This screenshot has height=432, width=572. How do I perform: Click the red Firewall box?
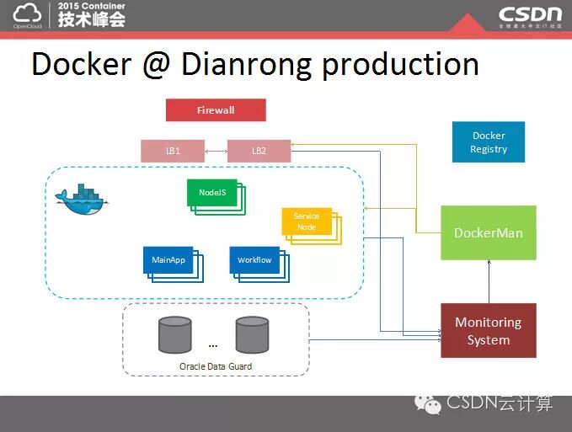click(216, 110)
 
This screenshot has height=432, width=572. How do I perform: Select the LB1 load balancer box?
click(172, 152)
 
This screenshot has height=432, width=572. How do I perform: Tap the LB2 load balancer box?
click(259, 152)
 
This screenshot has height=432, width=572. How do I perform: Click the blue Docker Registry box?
click(489, 142)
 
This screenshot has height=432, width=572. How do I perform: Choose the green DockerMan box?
click(488, 232)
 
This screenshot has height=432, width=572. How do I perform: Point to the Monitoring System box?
click(488, 331)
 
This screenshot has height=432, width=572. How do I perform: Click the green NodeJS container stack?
click(214, 195)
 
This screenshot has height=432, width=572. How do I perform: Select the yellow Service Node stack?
click(309, 223)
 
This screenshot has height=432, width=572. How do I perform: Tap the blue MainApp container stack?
click(171, 262)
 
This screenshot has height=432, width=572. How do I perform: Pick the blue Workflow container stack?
click(256, 262)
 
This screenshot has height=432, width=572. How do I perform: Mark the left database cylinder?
click(174, 334)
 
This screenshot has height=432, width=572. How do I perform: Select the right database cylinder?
click(252, 334)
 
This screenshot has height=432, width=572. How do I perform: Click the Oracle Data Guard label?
click(216, 366)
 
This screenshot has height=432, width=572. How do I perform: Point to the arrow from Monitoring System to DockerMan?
click(488, 282)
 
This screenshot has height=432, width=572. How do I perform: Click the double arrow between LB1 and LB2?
click(216, 152)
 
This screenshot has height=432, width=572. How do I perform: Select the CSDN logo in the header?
click(529, 14)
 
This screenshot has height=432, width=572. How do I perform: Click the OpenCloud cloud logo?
click(27, 13)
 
